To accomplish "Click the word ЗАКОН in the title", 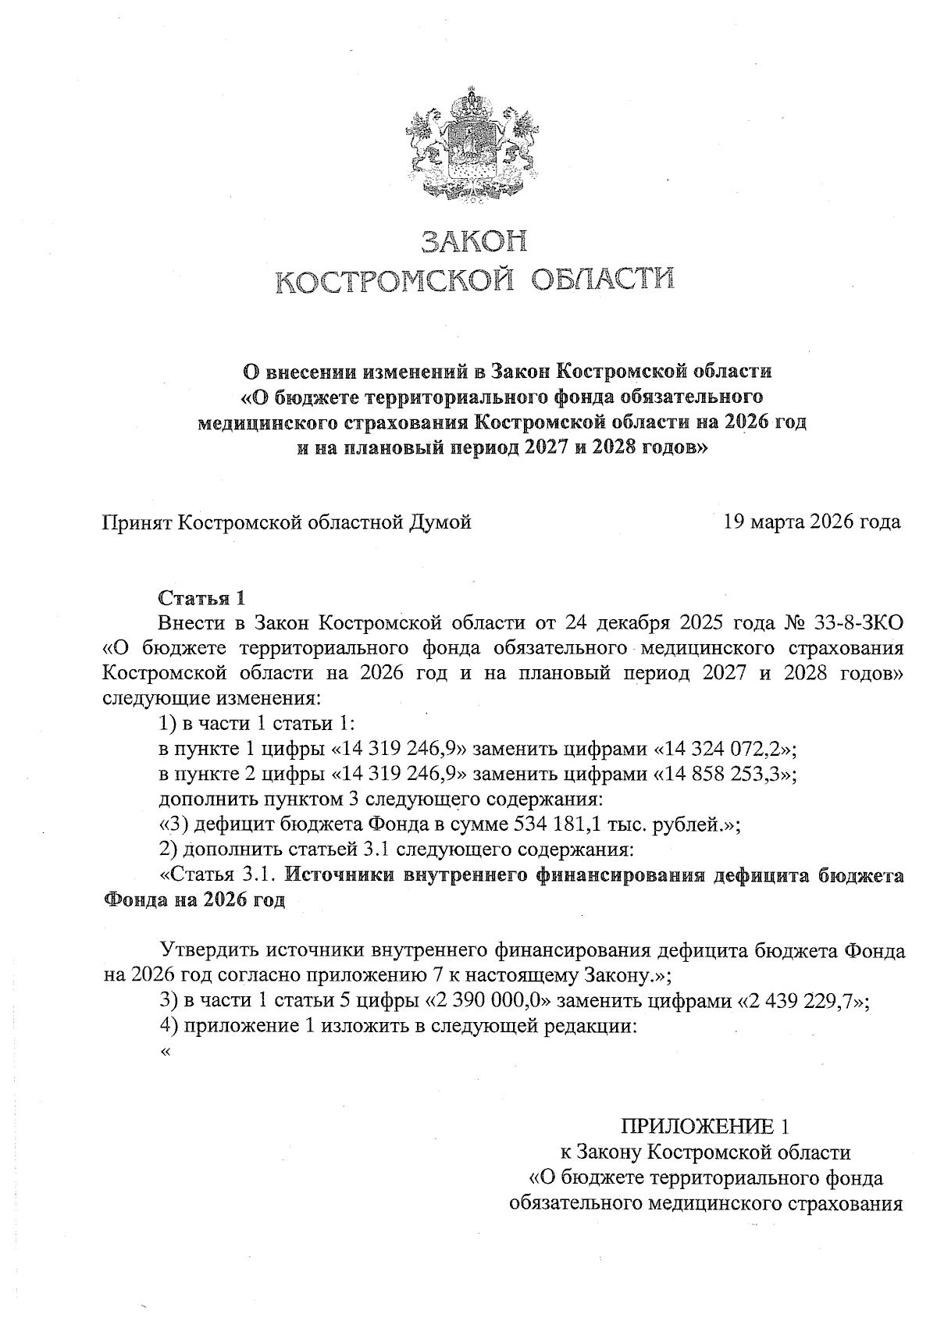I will click(x=474, y=241).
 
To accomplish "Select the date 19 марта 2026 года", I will click(x=812, y=522).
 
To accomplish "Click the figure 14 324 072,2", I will click(x=721, y=749).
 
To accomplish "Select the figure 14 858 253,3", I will click(x=721, y=775).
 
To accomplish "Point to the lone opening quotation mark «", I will click(x=164, y=1052).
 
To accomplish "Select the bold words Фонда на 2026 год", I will click(x=194, y=899).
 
